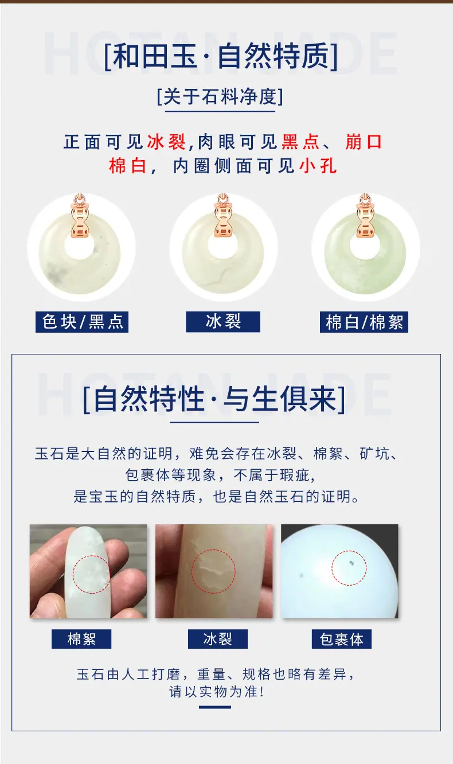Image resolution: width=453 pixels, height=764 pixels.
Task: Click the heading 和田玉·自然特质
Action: pos(221,56)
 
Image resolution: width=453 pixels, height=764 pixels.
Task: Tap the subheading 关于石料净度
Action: pos(220,96)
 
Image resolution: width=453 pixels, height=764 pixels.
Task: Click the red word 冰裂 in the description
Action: pos(166,142)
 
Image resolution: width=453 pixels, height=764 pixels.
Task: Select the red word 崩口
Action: pos(364,142)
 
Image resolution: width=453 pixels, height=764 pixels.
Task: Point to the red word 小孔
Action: pos(318,166)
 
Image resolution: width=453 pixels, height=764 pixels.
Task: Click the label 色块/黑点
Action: pos(82,322)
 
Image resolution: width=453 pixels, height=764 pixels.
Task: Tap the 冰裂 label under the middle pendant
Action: pos(223,322)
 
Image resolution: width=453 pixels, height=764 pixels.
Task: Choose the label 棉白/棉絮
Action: pos(364,322)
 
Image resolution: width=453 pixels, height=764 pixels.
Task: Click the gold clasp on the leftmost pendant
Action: pos(80,216)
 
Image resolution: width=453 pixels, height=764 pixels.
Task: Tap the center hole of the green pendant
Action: pos(365,245)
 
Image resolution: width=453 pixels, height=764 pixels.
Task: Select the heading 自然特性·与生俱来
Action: pos(214,399)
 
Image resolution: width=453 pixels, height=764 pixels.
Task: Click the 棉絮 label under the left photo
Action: pos(81,639)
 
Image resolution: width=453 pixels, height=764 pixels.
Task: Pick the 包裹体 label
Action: pos(342,639)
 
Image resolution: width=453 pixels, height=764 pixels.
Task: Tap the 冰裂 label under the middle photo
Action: pos(218,639)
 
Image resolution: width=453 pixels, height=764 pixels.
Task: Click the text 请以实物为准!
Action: pos(217,692)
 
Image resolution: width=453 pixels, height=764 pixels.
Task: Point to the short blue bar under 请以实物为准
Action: pos(215,707)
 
